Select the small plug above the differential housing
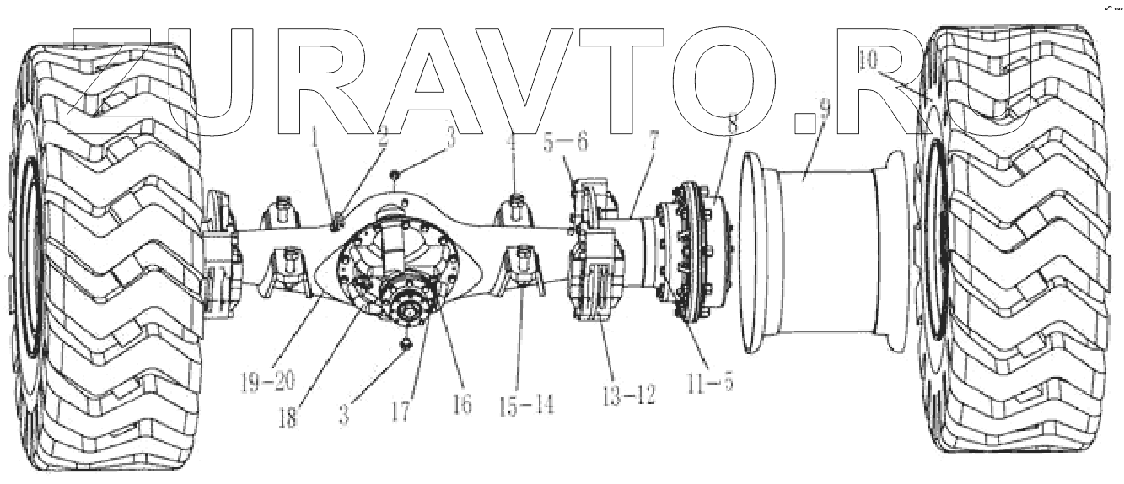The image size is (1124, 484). coord(395,176)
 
